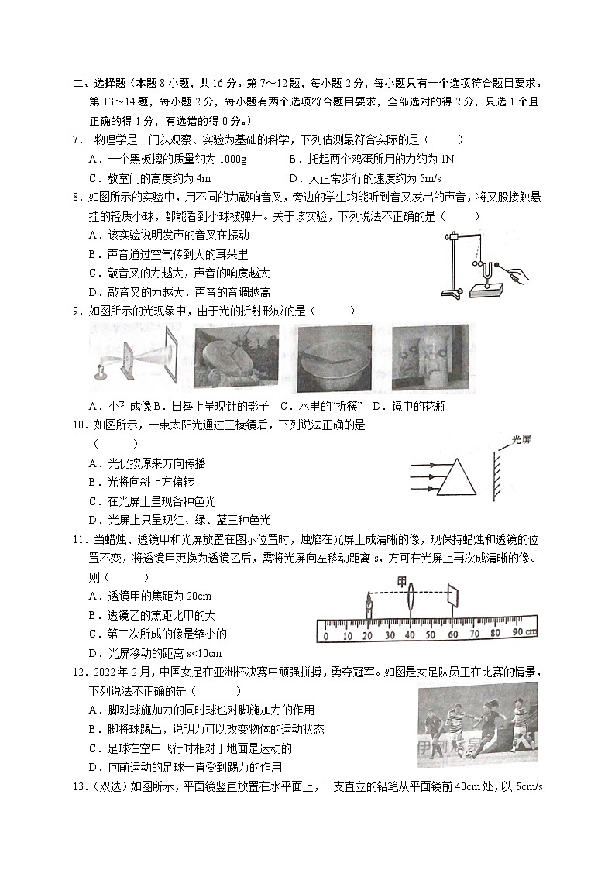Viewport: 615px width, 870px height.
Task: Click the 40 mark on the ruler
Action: click(x=408, y=636)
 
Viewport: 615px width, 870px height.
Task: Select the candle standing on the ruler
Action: click(x=369, y=607)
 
